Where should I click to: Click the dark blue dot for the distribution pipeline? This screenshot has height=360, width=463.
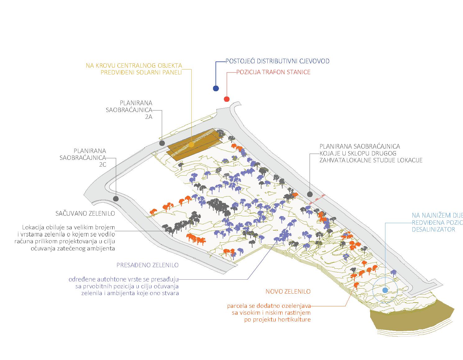coord(216,88)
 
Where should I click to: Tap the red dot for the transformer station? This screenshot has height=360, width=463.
coord(227,99)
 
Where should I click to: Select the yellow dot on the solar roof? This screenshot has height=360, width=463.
coord(191,145)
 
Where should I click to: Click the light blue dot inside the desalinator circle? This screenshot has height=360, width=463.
coord(385,290)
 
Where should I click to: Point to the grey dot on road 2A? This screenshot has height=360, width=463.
coord(162,143)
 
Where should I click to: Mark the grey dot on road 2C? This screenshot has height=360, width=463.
coord(116,199)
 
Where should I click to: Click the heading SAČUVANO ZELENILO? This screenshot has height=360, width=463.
coord(85,214)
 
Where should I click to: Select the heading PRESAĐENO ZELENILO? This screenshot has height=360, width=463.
coord(148,265)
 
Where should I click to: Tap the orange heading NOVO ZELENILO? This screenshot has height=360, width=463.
coord(288,292)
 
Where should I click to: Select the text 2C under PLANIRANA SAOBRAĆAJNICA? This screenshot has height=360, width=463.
coord(102,165)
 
